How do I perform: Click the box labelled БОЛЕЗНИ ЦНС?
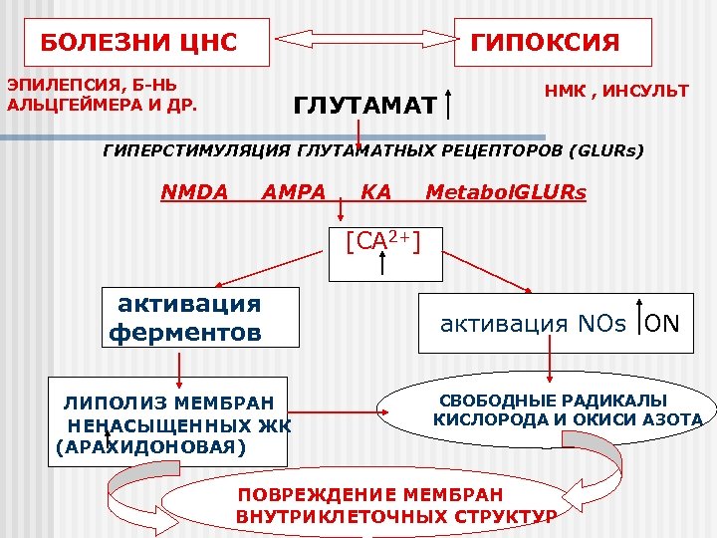click(x=138, y=43)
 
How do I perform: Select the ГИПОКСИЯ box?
click(x=553, y=43)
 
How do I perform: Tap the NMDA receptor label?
click(x=194, y=191)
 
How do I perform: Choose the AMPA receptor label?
click(x=294, y=191)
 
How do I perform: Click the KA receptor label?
click(x=375, y=191)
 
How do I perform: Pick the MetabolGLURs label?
click(x=506, y=191)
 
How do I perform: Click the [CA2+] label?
click(x=381, y=241)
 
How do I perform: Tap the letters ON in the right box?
click(x=662, y=324)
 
